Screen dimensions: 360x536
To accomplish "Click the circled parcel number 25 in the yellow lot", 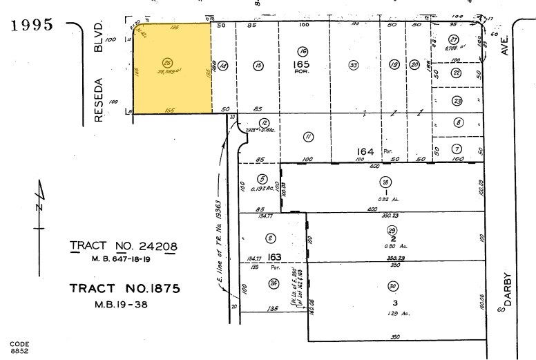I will coord(166,60).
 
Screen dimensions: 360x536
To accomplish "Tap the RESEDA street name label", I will coord(98,98).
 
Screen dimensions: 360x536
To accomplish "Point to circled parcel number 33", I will coord(354,66).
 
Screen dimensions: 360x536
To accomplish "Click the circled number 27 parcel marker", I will coord(454,39).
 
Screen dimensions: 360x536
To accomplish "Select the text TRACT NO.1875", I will coord(124,288).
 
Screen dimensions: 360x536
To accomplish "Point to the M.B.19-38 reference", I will coord(124,303).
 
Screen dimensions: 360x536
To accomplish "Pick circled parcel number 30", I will coord(393,286).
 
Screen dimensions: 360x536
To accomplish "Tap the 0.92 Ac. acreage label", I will coord(384,200).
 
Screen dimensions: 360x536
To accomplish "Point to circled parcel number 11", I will coord(308,137).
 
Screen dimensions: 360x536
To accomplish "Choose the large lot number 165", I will coord(303,64).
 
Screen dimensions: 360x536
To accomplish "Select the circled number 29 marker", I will coord(392,230).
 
